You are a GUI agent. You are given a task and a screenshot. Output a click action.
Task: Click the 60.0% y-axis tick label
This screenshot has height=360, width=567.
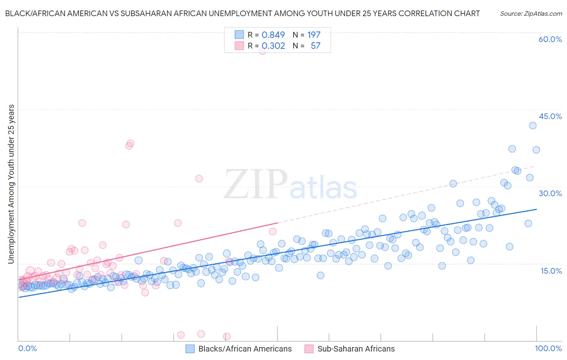point(550,39)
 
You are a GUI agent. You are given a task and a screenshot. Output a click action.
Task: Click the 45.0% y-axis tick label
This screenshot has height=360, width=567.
point(550,116)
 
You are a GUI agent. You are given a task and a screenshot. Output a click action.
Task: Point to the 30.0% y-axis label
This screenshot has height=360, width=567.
point(550,193)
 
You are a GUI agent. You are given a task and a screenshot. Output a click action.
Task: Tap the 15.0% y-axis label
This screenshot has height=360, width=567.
point(551,271)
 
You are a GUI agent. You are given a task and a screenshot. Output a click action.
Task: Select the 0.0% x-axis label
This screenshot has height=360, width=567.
point(27,348)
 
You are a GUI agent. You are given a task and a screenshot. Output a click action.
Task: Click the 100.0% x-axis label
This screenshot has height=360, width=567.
point(548,348)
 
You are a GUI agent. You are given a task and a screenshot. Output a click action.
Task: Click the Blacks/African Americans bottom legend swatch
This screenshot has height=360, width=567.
point(190,349)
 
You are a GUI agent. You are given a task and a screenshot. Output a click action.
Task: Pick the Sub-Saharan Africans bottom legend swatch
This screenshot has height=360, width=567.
point(309,349)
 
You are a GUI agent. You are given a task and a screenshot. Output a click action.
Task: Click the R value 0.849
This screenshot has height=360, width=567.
point(273,35)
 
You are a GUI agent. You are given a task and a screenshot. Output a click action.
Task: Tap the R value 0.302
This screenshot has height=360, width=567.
point(273,46)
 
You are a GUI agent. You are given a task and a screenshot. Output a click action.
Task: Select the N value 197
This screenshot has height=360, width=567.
point(314,35)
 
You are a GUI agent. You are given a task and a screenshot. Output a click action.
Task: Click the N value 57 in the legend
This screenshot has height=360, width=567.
point(315,46)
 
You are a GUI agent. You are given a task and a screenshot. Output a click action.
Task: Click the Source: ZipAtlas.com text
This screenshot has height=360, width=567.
point(531,13)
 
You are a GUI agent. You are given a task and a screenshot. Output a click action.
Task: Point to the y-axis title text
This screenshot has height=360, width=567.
point(11,184)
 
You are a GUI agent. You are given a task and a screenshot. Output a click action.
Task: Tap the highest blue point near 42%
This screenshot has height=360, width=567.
point(532,126)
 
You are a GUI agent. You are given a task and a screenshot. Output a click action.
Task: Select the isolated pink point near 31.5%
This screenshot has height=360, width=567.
point(199,178)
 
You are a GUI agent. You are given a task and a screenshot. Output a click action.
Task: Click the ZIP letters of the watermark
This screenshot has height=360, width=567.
point(255,185)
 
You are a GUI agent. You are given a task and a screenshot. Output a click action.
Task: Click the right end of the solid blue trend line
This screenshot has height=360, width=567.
point(536,209)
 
